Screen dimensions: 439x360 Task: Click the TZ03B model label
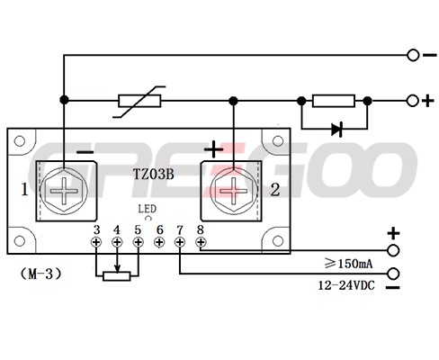pos(153,175)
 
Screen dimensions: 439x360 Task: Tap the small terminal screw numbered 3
pos(96,242)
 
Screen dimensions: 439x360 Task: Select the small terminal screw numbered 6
pos(159,242)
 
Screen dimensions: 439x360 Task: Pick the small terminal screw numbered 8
pos(201,242)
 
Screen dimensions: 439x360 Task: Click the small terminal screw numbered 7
pos(180,242)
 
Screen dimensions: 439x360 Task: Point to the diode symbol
pos(336,130)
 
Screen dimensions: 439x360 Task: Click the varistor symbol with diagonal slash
pos(139,102)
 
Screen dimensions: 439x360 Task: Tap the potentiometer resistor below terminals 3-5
pos(117,276)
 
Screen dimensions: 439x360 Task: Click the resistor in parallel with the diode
pos(334,101)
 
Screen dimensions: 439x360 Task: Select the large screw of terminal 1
pos(64,191)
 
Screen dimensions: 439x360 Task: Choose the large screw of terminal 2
pos(234,191)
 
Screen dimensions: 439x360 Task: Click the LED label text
pos(147,209)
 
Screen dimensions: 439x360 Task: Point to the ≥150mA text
pos(348,264)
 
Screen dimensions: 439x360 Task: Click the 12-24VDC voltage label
pos(346,285)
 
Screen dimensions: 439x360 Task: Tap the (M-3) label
pos(41,274)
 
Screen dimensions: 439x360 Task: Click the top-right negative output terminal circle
pos(413,55)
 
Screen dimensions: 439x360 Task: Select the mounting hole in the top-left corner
pos(20,141)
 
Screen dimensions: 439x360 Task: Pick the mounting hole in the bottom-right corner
pos(278,241)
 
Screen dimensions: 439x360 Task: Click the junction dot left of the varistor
pos(64,100)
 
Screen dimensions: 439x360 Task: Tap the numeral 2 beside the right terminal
pos(275,190)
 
